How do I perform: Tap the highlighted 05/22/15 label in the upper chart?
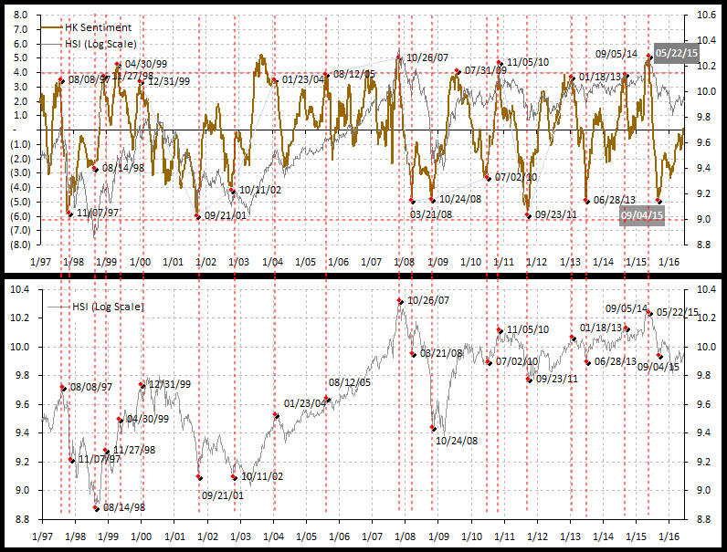[x=677, y=52]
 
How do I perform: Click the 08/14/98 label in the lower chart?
[x=124, y=507]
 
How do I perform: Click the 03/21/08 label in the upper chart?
[x=431, y=214]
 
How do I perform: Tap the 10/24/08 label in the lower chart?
[x=458, y=441]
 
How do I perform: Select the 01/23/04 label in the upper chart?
[x=303, y=79]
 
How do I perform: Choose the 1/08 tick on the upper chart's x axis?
[x=404, y=262]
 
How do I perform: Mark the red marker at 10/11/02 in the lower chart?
[x=235, y=476]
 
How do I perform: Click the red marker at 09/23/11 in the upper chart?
[x=528, y=215]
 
